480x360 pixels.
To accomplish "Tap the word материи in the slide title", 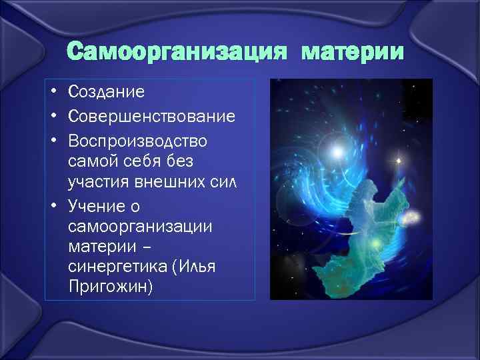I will pyautogui.click(x=353, y=51).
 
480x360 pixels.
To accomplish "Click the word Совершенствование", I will pyautogui.click(x=151, y=117).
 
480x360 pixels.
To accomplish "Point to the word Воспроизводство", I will pyautogui.click(x=137, y=142).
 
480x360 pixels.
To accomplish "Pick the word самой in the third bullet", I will pyautogui.click(x=90, y=162).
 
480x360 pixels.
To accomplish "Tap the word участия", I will pyautogui.click(x=97, y=182).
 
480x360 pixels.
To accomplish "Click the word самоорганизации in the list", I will pyautogui.click(x=140, y=227).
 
